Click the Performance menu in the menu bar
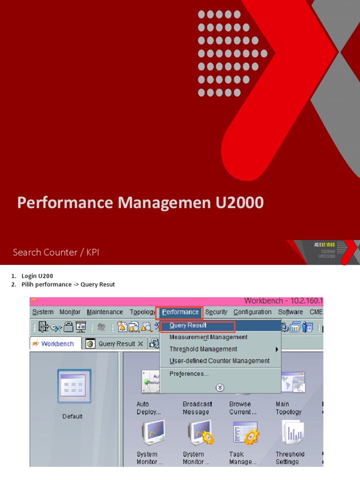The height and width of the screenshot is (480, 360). click(180, 312)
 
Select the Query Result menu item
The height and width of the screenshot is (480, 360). click(188, 325)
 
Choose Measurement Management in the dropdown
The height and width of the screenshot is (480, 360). click(209, 337)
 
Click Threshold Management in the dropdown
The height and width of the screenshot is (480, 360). click(203, 349)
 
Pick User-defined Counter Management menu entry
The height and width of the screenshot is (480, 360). click(219, 361)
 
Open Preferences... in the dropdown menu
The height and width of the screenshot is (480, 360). click(189, 374)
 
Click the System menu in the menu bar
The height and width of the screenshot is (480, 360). click(43, 312)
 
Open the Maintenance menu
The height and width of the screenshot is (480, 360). click(105, 312)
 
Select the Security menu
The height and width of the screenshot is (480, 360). click(216, 312)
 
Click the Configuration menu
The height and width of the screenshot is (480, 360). click(252, 312)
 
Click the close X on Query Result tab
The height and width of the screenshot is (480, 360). click(141, 344)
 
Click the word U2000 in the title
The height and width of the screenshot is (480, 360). click(240, 202)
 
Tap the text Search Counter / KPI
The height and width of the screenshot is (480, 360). click(56, 252)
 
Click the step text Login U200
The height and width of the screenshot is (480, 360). click(40, 276)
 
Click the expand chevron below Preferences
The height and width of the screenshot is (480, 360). click(220, 388)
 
